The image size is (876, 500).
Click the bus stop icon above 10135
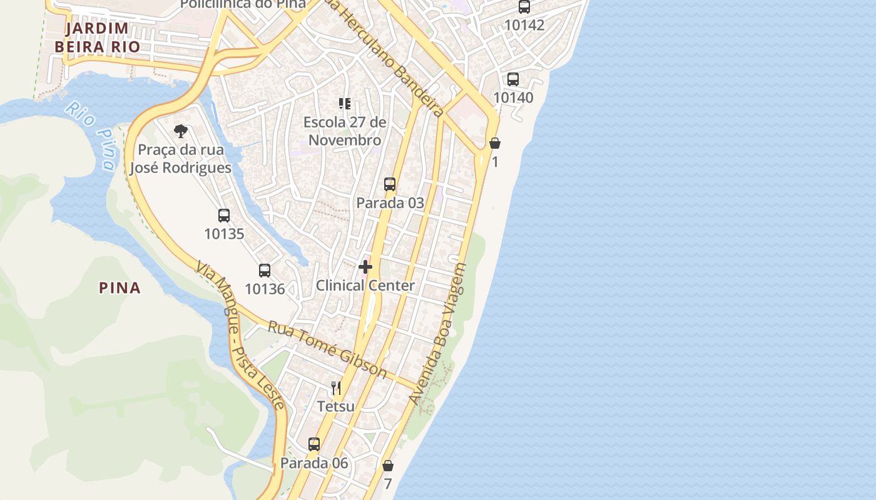(224, 216)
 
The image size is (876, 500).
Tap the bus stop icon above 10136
(265, 271)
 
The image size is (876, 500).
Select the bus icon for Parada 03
(390, 184)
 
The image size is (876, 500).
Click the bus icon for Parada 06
(314, 444)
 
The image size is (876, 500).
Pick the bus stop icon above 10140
(513, 79)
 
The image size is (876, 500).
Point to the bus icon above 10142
(524, 7)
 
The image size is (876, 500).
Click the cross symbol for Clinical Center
(365, 267)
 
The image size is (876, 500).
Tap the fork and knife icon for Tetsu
(336, 388)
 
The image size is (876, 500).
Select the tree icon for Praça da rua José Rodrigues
(181, 131)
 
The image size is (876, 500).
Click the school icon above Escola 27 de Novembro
(345, 103)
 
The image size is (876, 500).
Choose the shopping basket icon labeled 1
(495, 144)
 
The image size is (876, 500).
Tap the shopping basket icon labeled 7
(388, 466)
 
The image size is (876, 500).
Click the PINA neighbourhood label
(120, 288)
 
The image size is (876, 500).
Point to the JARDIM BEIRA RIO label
(97, 37)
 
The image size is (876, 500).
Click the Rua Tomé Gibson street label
(327, 349)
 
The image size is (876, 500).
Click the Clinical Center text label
(365, 286)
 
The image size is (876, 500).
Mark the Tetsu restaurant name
(336, 407)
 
